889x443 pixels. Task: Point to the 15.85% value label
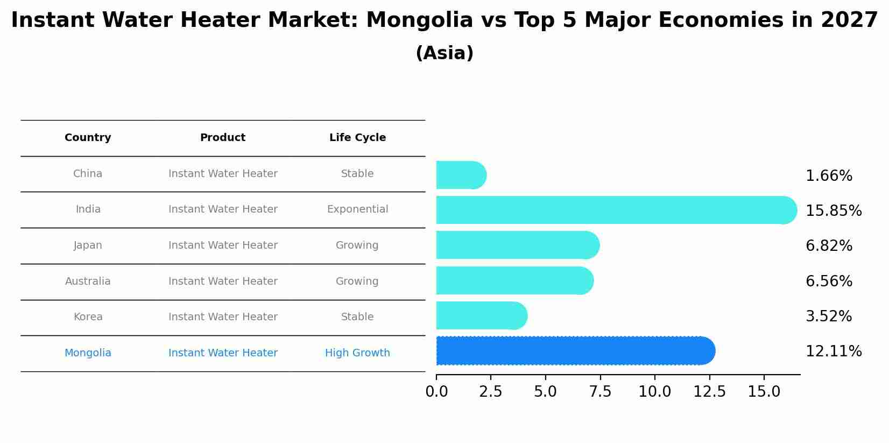point(833,210)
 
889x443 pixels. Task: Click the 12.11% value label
point(833,351)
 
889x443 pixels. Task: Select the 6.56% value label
point(829,281)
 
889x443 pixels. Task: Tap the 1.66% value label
point(829,176)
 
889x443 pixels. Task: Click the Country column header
point(88,138)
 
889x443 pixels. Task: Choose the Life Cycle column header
point(357,138)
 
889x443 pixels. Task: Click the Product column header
point(223,138)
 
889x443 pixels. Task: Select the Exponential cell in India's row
point(357,209)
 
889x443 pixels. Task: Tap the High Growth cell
point(357,353)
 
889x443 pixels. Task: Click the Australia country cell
point(88,282)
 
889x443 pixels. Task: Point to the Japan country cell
point(88,245)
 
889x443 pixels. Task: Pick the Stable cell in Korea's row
point(357,317)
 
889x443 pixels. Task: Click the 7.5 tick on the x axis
point(600,392)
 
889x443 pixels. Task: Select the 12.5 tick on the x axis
point(709,392)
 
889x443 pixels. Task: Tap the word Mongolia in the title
point(419,20)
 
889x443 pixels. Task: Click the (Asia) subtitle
point(444,53)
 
